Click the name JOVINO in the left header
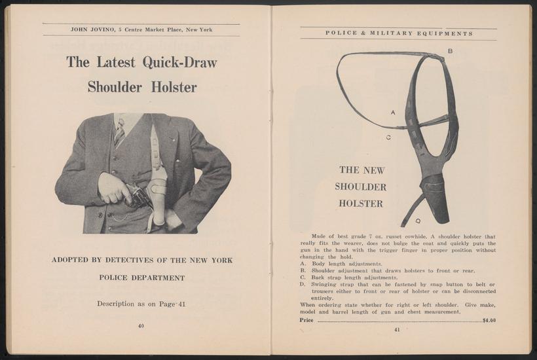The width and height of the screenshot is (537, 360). pos(102,29)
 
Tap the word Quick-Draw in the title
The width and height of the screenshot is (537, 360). pos(180,63)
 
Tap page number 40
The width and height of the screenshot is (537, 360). pos(141,326)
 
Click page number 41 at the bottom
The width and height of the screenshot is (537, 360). pos(398,331)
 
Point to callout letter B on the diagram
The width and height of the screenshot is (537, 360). pos(450,51)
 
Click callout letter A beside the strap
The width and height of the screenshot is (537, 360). pos(393,112)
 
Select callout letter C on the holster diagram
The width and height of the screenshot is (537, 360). pos(388,137)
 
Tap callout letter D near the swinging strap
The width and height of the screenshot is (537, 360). pos(418,221)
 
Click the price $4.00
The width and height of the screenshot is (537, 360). pos(489,321)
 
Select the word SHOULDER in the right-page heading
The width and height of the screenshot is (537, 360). pos(361,187)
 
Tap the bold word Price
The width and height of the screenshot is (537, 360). pos(306,320)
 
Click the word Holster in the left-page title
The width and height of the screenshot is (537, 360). pos(174,87)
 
